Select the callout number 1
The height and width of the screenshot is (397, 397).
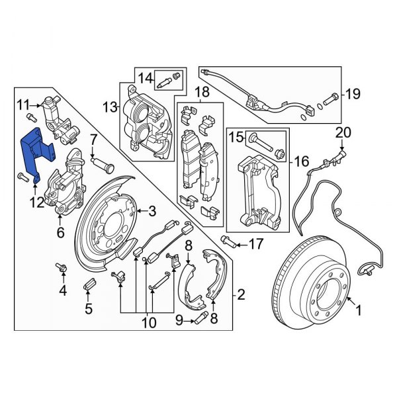(x=360, y=309)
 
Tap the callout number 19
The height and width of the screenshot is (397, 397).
(x=353, y=93)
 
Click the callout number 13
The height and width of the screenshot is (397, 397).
(x=107, y=107)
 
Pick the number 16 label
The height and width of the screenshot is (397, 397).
(x=302, y=160)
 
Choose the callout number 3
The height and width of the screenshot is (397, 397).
(x=152, y=212)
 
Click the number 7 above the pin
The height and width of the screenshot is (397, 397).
(x=93, y=140)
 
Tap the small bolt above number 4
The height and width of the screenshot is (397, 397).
(x=64, y=267)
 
